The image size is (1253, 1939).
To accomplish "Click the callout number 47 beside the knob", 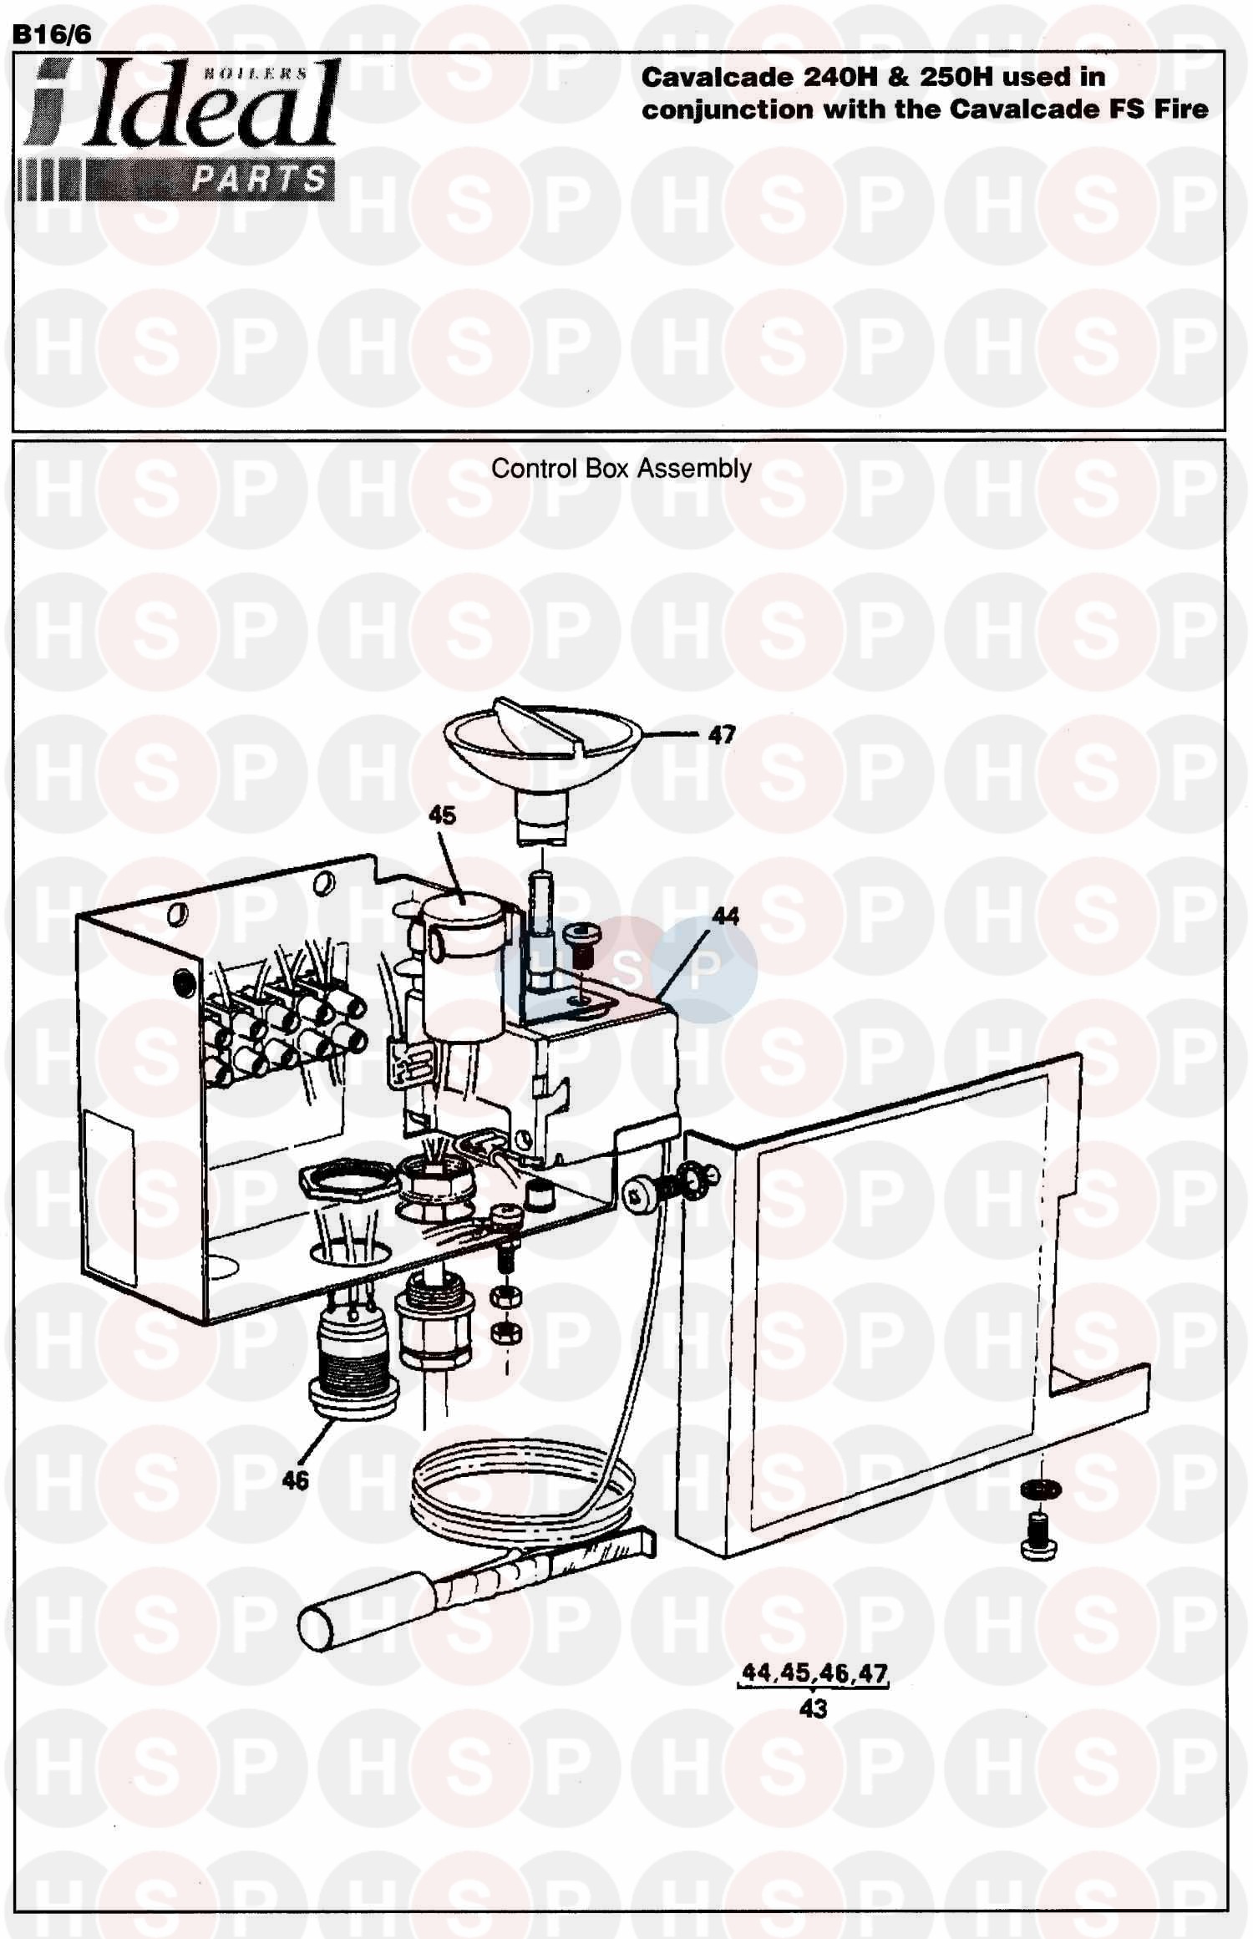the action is click(722, 735).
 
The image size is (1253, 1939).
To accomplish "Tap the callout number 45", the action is click(442, 815).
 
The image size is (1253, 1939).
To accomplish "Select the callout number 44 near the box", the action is click(725, 916).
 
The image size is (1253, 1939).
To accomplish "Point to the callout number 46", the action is click(295, 1480).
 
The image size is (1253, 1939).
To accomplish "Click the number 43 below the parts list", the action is click(813, 1708).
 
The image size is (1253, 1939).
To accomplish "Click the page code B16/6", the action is click(53, 34).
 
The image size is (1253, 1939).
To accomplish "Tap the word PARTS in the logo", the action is click(259, 179).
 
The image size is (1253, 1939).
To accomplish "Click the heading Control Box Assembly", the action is click(621, 469).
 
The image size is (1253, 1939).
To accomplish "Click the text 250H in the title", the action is click(956, 78).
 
